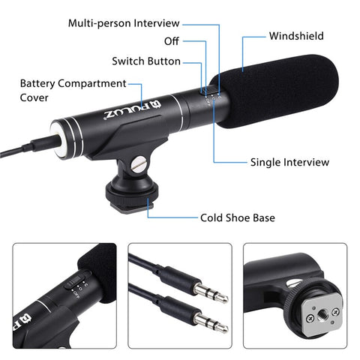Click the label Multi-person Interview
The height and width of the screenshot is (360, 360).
click(x=124, y=23)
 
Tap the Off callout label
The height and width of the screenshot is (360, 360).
click(x=171, y=41)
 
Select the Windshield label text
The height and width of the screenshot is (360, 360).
click(x=296, y=35)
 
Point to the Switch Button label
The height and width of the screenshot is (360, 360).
click(x=146, y=61)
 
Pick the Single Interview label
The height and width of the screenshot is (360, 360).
click(x=289, y=162)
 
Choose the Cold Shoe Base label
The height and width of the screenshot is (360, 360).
click(x=237, y=218)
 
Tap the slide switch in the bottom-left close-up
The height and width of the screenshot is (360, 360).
click(x=73, y=283)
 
